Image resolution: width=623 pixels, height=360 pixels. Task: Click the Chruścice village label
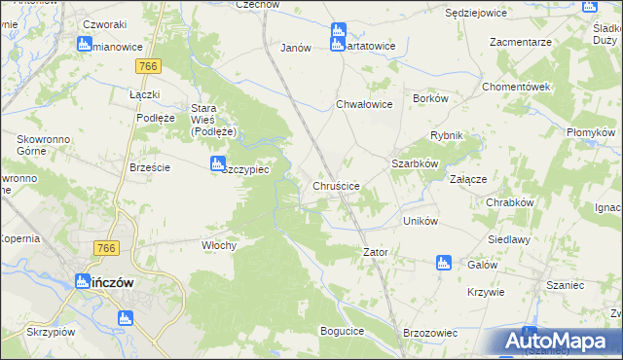(337, 185)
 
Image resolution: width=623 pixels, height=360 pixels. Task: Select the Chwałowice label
(363, 104)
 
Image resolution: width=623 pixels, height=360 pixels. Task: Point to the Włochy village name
(219, 245)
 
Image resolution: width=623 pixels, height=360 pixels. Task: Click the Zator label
(376, 252)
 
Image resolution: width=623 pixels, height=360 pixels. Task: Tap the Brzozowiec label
(429, 332)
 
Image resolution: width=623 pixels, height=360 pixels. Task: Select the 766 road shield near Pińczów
(107, 249)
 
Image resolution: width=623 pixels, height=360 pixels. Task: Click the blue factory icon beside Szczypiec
(217, 164)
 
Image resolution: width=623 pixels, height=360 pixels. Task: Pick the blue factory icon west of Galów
(444, 261)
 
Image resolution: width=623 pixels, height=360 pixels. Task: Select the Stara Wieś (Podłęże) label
(215, 120)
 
